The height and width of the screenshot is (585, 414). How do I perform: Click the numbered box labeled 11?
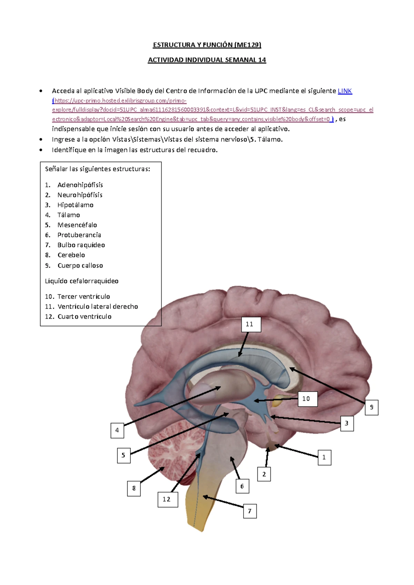[251, 324]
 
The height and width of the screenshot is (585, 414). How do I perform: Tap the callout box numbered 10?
[307, 399]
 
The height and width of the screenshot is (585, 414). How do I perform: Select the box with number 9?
[372, 407]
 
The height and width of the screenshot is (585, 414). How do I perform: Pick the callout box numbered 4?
[117, 430]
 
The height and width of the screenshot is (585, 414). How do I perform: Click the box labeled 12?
[168, 499]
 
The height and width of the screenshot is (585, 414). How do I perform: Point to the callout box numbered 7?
[250, 511]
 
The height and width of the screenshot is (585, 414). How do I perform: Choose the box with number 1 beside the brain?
[324, 457]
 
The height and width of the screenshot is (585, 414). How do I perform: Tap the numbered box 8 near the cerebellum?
[134, 488]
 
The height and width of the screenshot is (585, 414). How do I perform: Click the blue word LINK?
[345, 91]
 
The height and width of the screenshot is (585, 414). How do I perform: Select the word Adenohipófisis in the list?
[80, 185]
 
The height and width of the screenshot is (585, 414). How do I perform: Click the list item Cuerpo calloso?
[80, 266]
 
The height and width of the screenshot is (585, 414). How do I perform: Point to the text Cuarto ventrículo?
[85, 317]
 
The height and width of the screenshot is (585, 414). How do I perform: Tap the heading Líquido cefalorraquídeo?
[82, 281]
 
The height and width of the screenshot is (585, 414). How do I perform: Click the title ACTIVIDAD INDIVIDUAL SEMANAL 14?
[207, 60]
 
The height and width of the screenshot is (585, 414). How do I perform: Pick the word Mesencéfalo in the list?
[77, 225]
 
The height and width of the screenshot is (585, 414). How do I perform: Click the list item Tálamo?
[69, 215]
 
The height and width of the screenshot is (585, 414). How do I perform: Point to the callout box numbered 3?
[347, 423]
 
